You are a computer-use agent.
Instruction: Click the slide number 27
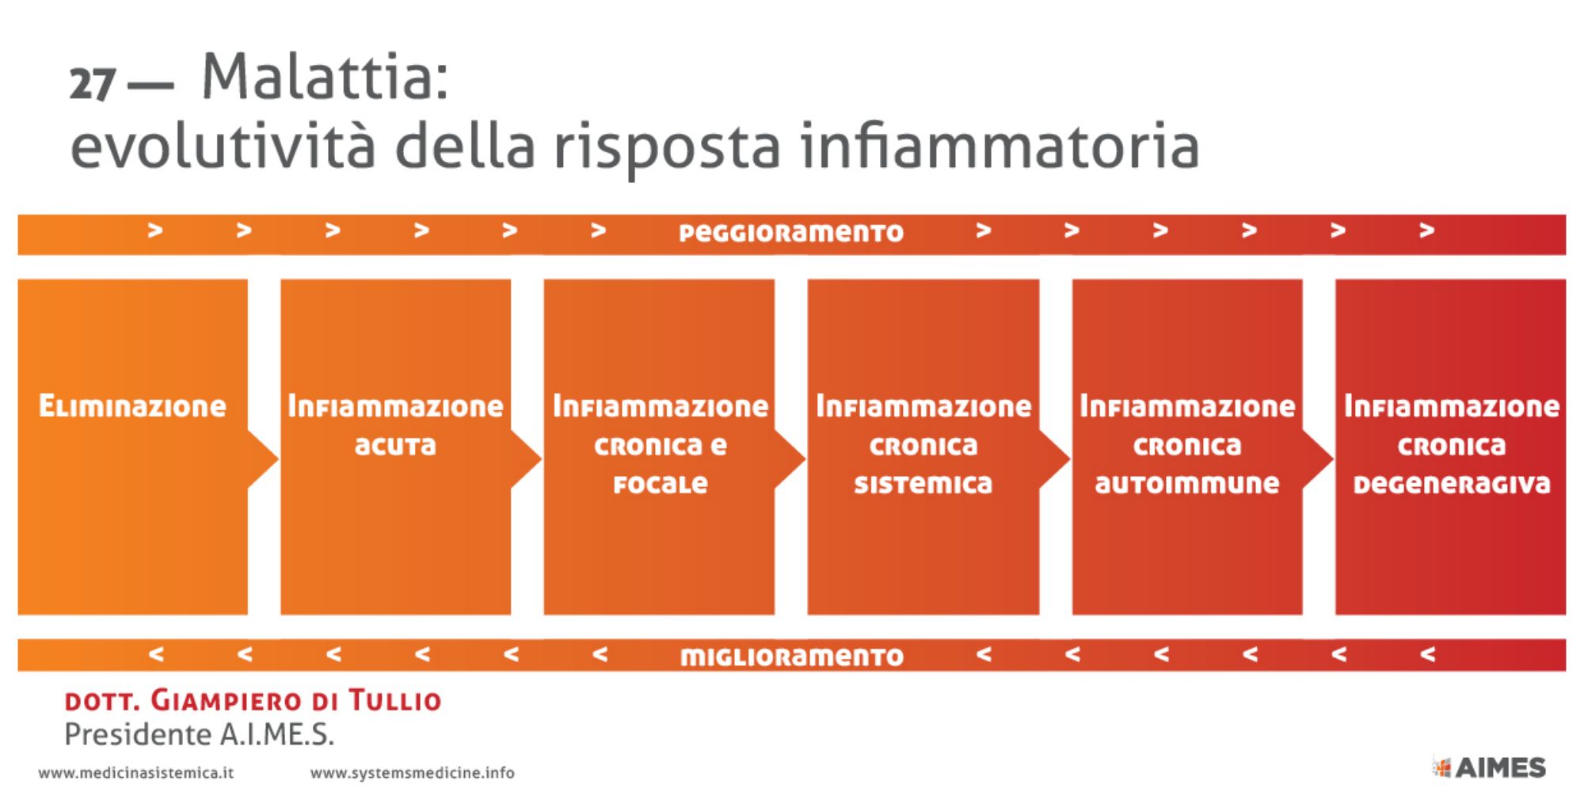click(93, 84)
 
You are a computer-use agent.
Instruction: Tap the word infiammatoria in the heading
click(1000, 146)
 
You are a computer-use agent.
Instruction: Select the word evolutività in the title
click(223, 146)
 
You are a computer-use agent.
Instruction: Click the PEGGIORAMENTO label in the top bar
click(791, 233)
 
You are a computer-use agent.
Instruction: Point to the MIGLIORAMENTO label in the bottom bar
click(792, 657)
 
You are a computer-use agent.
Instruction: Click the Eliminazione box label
click(132, 406)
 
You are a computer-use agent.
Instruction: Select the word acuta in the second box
click(395, 446)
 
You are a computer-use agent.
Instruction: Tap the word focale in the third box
click(661, 484)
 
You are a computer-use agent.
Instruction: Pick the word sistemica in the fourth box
click(923, 484)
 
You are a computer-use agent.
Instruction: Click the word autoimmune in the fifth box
click(1187, 484)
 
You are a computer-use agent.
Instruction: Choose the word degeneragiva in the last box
click(1452, 484)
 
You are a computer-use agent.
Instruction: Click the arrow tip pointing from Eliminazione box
click(277, 459)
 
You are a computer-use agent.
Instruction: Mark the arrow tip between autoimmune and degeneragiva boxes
click(1332, 459)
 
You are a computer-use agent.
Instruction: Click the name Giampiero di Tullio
click(295, 701)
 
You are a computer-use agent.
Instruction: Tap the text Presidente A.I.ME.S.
click(199, 735)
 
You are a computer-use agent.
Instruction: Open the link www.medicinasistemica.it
click(135, 773)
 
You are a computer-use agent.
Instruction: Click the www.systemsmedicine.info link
click(412, 773)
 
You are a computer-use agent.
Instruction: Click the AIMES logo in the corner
click(1489, 767)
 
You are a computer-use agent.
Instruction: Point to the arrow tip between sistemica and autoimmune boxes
click(1069, 459)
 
